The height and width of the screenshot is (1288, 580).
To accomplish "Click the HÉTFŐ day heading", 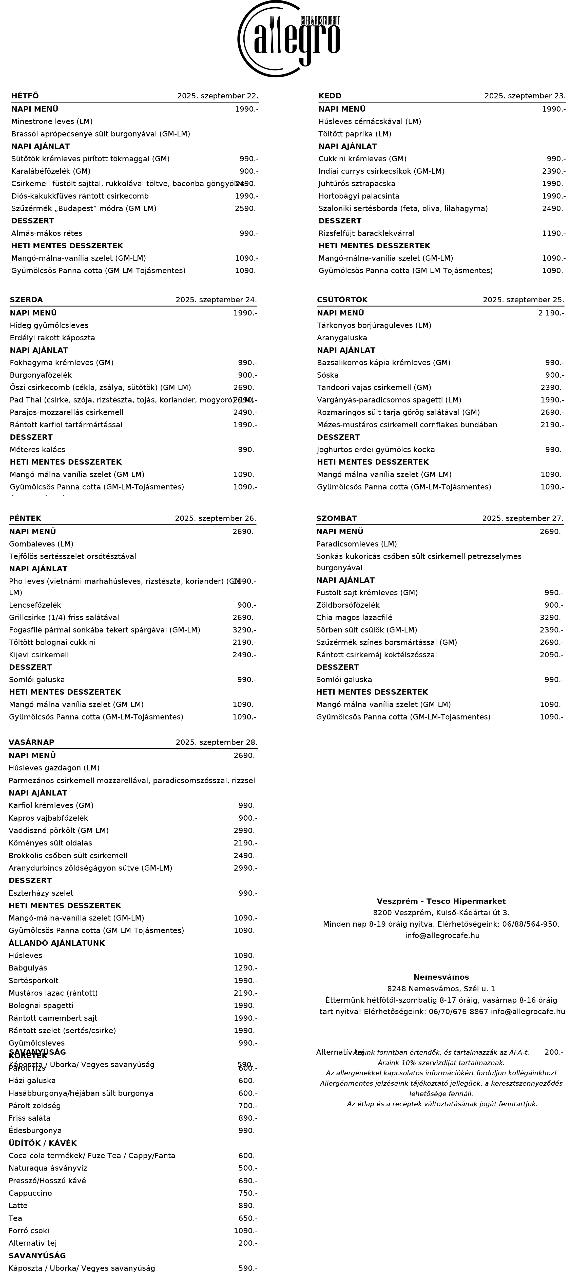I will [x=25, y=96].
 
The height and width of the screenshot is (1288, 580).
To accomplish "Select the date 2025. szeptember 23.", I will [x=525, y=96].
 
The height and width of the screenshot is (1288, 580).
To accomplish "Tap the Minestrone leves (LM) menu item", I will [x=52, y=121].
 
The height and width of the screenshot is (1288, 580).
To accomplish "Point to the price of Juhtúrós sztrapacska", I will [x=553, y=184].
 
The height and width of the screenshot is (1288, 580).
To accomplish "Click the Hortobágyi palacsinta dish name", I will [x=359, y=196].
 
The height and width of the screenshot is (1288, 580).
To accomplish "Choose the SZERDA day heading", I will [x=27, y=300].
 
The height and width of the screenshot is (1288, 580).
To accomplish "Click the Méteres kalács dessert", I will [x=37, y=450].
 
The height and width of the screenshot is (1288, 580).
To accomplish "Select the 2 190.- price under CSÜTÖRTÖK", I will [x=551, y=313].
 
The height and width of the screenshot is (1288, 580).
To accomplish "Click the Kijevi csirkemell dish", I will [x=39, y=655].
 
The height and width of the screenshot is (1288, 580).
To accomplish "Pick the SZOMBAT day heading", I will [x=336, y=519].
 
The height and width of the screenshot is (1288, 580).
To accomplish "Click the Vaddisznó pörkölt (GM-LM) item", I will [x=59, y=831].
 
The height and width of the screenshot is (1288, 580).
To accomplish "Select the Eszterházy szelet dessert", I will [x=41, y=893].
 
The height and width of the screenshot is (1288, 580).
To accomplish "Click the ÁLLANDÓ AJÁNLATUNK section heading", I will [x=56, y=943].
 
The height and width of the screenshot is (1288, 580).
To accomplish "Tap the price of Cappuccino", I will [x=248, y=1193].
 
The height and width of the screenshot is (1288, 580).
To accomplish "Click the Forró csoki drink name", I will [x=29, y=1230].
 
